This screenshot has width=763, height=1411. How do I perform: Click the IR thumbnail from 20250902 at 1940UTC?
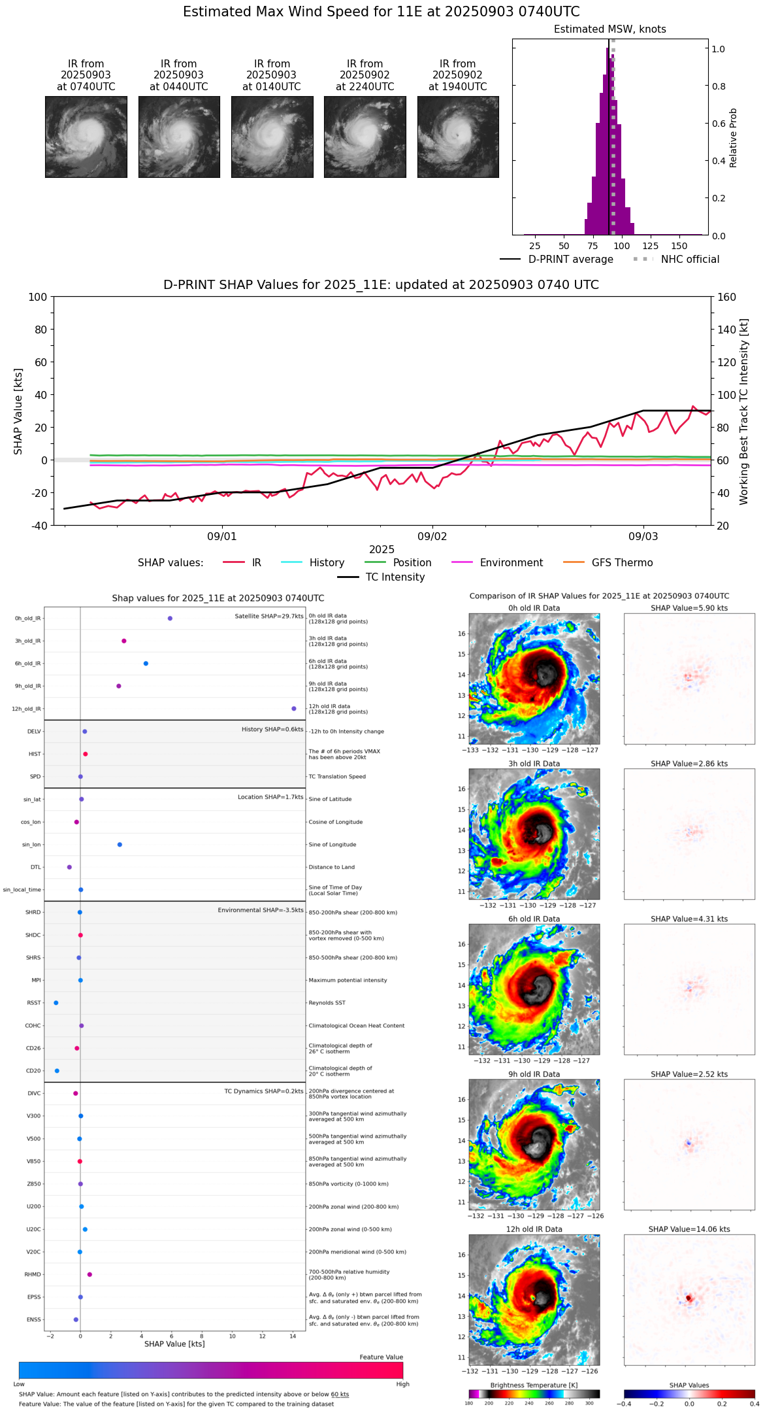pos(458,137)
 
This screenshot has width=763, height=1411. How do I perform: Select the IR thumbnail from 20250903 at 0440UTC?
pos(179,137)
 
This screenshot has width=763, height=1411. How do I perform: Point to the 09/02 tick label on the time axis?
pos(432,537)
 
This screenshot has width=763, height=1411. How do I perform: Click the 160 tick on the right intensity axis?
pos(726,297)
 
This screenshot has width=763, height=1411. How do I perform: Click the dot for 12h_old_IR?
pos(294,709)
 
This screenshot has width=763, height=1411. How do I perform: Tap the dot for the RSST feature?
pos(56,1003)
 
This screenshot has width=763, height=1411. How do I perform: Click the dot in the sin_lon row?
pos(120,845)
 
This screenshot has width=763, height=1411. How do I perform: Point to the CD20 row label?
pos(33,1071)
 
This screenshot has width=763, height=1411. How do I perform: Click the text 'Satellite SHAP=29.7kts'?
pos(268,617)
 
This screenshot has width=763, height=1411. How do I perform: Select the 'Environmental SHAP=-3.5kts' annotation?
pos(260,910)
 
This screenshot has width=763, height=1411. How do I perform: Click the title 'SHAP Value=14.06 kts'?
pos(689,1229)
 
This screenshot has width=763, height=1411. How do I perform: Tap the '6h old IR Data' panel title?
pos(534,919)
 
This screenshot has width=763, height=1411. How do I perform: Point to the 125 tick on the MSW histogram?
pos(651,246)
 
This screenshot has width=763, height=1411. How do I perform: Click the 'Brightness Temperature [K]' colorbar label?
pos(534,1385)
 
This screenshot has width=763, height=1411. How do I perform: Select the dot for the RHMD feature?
pos(89,1274)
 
